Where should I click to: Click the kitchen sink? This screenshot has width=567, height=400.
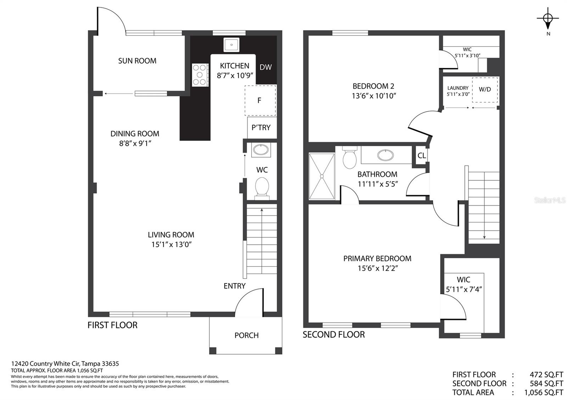231,45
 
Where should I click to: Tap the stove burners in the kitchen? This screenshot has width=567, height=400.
200,75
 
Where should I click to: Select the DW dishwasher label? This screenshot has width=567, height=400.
265,67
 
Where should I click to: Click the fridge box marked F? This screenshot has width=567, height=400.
260,101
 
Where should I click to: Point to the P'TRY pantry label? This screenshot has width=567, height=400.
261,127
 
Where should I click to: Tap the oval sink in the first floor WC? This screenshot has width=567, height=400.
261,150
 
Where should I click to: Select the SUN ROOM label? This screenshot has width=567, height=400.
137,61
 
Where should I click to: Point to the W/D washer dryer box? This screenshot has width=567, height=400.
485,90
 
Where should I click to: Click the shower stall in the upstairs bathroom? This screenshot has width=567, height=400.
322,176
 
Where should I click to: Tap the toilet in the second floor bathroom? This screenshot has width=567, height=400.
349,157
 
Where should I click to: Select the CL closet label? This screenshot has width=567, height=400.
421,155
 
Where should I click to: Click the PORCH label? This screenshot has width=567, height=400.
247,335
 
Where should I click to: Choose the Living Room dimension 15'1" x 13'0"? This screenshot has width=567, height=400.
172,245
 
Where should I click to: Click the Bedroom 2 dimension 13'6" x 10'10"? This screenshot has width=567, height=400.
374,96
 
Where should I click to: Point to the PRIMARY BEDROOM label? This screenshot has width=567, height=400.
377,258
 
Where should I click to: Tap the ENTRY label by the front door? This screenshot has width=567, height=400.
234,286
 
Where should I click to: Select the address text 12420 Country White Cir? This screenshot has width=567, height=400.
46,364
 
